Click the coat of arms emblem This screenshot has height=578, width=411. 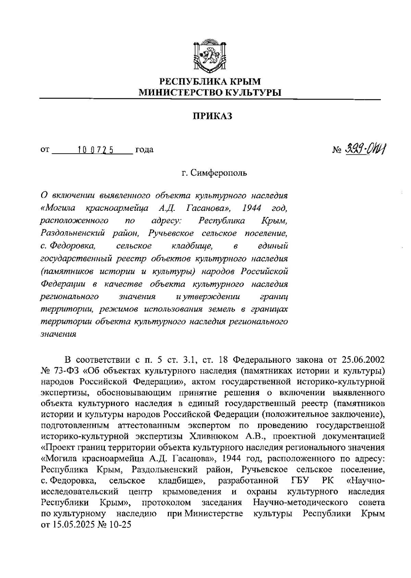pos(210,56)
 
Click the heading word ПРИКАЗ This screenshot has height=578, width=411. pos(212,116)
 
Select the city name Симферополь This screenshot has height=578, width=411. pos(219,173)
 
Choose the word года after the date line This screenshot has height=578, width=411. pos(144,150)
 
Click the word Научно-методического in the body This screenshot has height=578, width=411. pos(300,503)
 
